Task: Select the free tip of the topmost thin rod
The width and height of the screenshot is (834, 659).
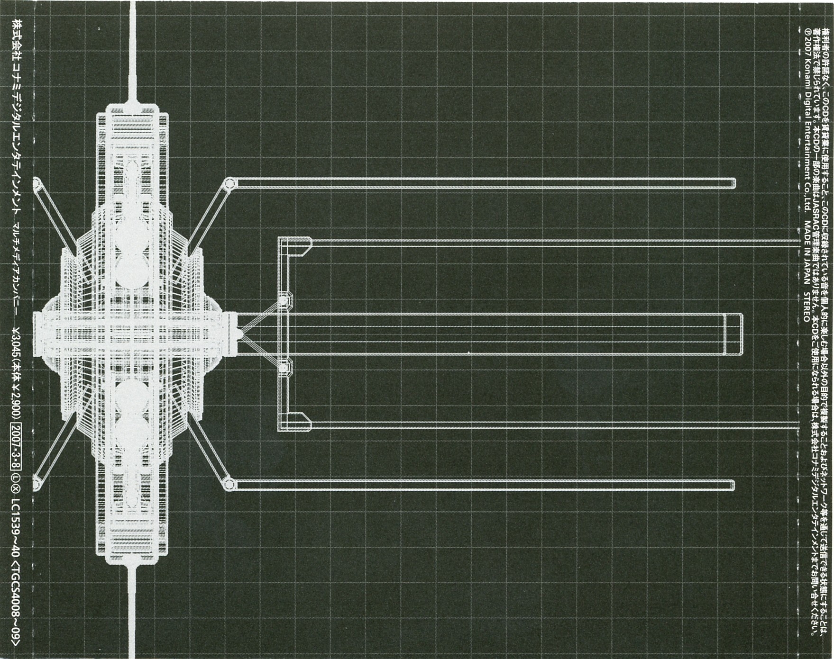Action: [733, 183]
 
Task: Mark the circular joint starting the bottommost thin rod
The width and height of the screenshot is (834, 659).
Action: [229, 484]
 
